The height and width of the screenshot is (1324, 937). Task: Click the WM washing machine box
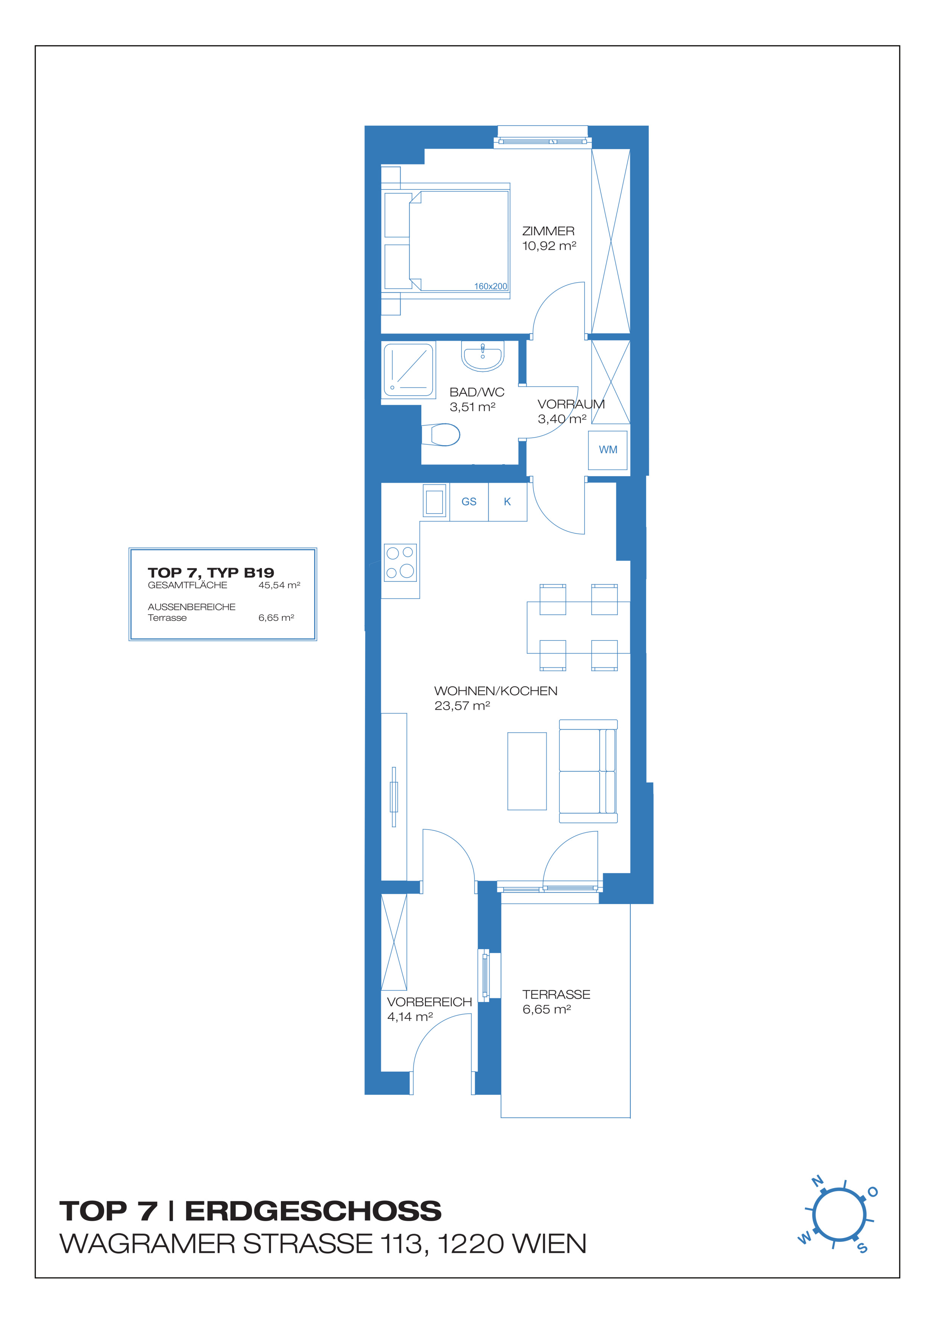click(608, 450)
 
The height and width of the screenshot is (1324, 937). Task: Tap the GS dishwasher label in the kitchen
click(469, 502)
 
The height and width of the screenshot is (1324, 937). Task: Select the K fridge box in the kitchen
click(508, 502)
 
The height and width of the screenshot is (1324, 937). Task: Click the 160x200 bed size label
click(490, 286)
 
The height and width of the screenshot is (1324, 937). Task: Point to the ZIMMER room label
click(548, 231)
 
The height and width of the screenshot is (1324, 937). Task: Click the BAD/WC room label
click(477, 392)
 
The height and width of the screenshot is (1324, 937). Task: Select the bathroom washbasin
click(483, 356)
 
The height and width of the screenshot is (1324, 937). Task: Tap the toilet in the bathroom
click(441, 435)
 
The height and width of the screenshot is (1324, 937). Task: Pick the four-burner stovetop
click(401, 562)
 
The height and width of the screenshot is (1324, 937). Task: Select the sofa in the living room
click(588, 771)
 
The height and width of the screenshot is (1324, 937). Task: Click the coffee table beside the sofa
click(527, 771)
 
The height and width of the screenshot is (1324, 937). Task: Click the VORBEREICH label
click(429, 1002)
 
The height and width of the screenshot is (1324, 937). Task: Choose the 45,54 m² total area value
click(279, 585)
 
